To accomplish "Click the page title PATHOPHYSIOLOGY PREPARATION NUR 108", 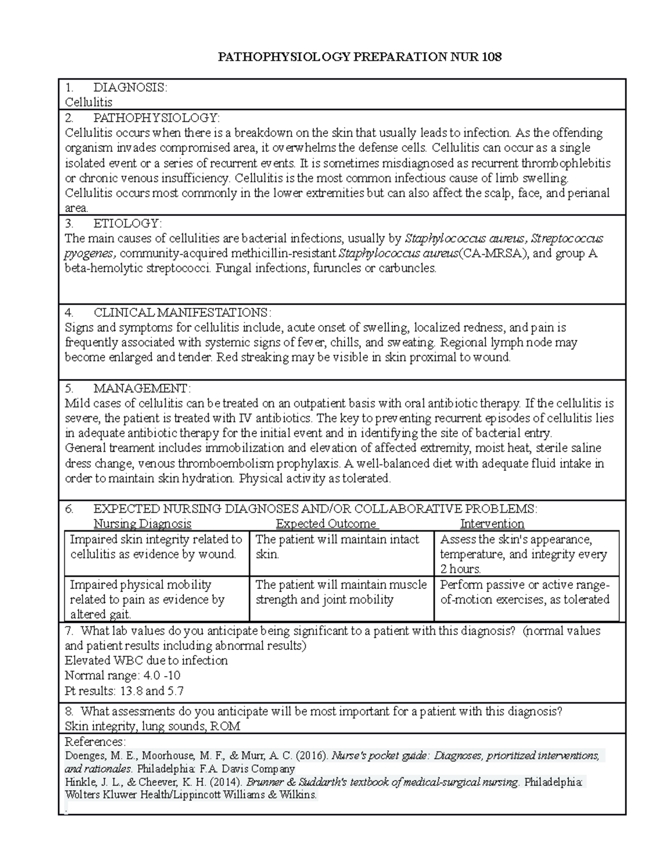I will [x=360, y=57].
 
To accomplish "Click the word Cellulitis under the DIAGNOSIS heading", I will [x=89, y=102].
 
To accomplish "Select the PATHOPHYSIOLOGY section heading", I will [x=156, y=117].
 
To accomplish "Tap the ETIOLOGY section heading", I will [x=127, y=223].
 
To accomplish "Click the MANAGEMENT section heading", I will [x=142, y=388].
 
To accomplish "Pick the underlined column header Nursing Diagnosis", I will [x=142, y=524].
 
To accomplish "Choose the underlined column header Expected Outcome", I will [x=326, y=524].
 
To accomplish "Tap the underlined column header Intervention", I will [x=492, y=524].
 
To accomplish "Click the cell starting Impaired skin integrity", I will [x=156, y=547].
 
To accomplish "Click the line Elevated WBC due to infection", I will [x=146, y=661].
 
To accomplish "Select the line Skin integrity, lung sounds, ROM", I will [x=152, y=727].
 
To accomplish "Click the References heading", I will [x=95, y=741].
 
